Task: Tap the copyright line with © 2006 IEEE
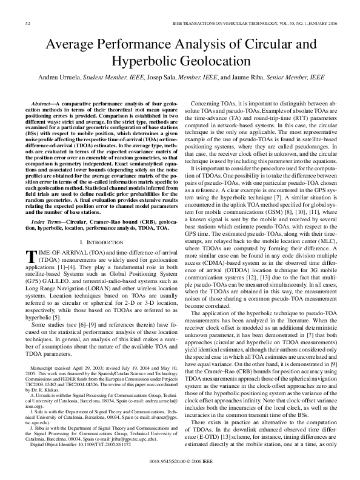180,468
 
